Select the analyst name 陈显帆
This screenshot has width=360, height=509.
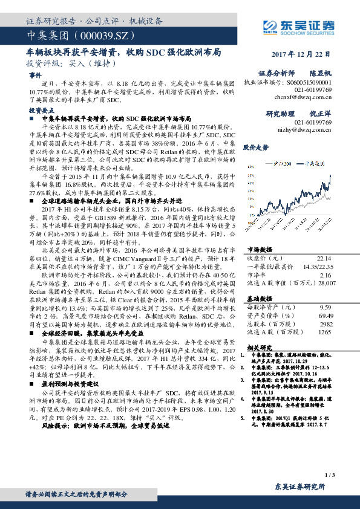click(x=320, y=72)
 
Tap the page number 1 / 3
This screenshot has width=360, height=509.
click(x=329, y=477)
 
